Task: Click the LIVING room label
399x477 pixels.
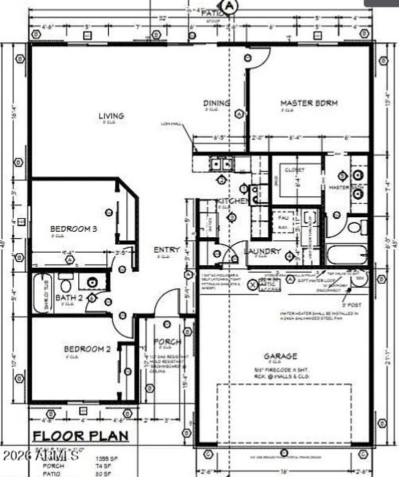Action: click(x=111, y=116)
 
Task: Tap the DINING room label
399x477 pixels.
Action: click(x=216, y=103)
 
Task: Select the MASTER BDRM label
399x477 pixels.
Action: click(x=309, y=103)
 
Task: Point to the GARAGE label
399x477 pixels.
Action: click(x=280, y=356)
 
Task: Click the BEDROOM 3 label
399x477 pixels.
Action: click(x=73, y=229)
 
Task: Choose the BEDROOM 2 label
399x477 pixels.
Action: click(x=87, y=349)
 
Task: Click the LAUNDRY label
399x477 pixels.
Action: click(x=262, y=251)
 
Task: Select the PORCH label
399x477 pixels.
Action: click(x=167, y=341)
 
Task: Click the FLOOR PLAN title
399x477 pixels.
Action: click(x=80, y=436)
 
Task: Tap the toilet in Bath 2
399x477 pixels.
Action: click(x=65, y=285)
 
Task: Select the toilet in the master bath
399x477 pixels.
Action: click(x=355, y=228)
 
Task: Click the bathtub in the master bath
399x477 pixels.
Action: click(x=347, y=255)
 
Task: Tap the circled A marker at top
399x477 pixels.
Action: click(x=229, y=6)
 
